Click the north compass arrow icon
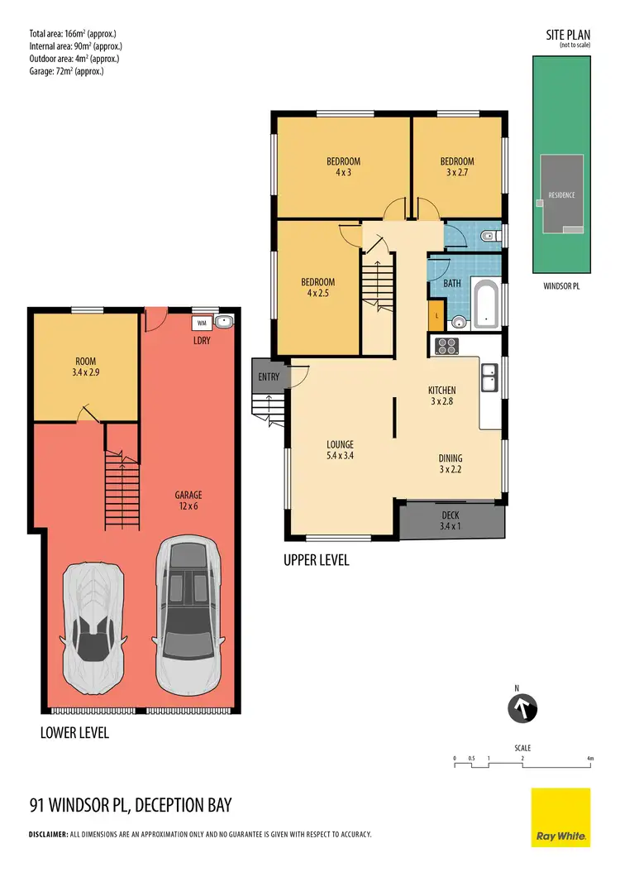522,708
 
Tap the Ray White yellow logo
560,817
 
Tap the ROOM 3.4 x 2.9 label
85,367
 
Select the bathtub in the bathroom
485,304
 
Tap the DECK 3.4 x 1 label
451,520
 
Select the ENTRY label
269,377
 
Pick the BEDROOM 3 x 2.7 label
457,166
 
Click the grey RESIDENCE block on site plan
561,194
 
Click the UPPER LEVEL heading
317,560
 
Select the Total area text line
75,34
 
